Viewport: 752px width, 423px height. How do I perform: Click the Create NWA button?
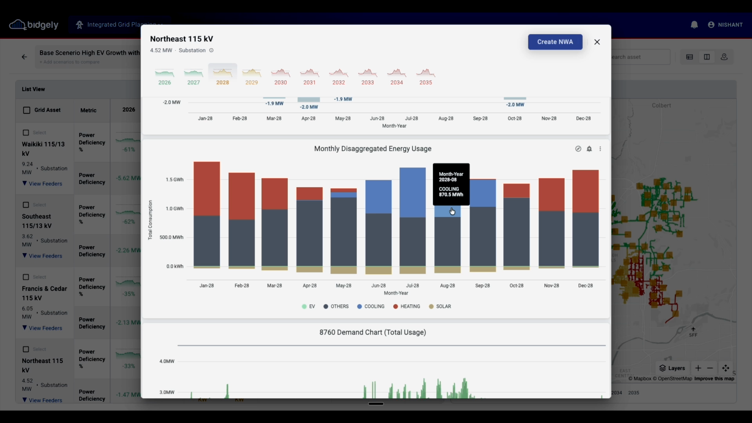(555, 42)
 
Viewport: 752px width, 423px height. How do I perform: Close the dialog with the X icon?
(597, 42)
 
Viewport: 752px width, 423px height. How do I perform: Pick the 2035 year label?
(425, 83)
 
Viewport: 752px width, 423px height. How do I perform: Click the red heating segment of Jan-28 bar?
(206, 188)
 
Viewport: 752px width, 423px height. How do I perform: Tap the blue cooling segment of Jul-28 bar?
(412, 192)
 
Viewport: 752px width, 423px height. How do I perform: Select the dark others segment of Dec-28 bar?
(585, 239)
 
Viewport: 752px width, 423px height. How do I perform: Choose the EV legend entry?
(309, 307)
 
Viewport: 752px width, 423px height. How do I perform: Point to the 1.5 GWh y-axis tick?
(174, 180)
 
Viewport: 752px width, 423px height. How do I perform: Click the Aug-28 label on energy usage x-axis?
(447, 286)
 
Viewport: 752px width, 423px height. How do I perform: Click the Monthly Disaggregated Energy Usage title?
(372, 149)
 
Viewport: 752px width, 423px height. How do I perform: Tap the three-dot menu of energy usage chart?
(600, 149)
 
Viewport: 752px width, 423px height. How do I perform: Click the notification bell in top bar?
(694, 25)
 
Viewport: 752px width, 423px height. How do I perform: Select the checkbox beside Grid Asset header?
(27, 110)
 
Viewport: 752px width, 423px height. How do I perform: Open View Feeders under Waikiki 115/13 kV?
(45, 184)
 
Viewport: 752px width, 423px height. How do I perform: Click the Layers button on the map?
(672, 368)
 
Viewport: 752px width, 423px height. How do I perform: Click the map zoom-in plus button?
(698, 368)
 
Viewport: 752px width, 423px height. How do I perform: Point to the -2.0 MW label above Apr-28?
(309, 107)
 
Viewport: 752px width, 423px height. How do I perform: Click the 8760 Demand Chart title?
(372, 333)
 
